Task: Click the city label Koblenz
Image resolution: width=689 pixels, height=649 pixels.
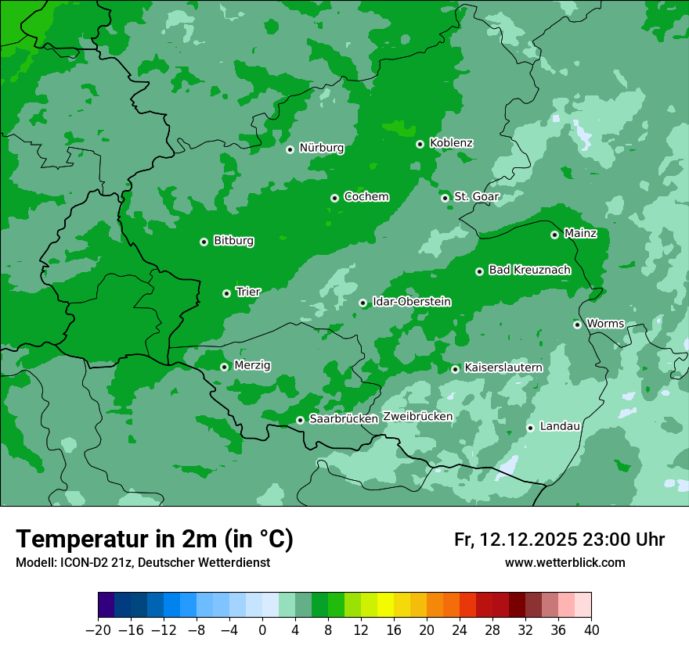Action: coord(451,143)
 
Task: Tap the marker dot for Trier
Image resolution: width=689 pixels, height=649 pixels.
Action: coord(226,293)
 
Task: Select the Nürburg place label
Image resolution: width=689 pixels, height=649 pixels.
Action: coord(321,148)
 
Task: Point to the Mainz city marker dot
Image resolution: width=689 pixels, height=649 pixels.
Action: coord(554,235)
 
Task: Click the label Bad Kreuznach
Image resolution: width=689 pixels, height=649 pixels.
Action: coord(529,270)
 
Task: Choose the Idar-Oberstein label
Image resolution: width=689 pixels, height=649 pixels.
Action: coord(411,301)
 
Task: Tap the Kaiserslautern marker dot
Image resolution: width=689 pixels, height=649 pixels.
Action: coord(455,369)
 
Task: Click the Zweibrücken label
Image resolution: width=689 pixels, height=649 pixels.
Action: coord(417,417)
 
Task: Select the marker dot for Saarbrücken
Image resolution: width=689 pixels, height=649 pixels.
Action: coord(300,420)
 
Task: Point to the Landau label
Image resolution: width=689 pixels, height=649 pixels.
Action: coord(560,426)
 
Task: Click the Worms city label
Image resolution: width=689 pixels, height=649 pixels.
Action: coord(605,323)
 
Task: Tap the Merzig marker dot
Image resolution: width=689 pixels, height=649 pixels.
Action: coord(224,367)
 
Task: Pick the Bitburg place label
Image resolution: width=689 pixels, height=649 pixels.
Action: coord(233,241)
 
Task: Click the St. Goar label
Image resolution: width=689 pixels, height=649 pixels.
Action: coord(476,196)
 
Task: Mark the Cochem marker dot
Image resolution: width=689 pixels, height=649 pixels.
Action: coord(334,198)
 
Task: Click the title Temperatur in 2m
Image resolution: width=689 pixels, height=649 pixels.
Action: coord(154,539)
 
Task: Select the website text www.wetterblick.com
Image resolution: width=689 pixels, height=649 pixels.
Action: coord(565,562)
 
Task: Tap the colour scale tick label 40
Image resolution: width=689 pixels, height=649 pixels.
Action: coord(591,630)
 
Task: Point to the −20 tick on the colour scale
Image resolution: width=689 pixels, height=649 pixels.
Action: coord(98,630)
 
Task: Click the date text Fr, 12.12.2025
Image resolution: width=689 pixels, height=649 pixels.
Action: coord(515,540)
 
